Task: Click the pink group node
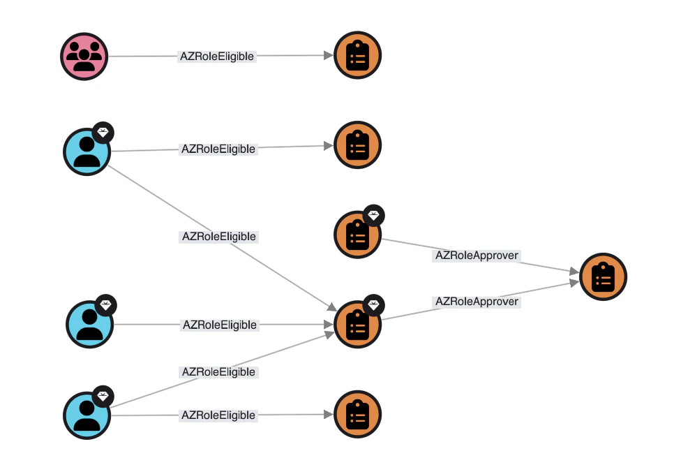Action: click(x=84, y=57)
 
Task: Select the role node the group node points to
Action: click(x=357, y=57)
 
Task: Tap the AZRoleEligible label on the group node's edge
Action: click(x=217, y=57)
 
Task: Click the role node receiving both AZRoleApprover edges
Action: click(x=603, y=277)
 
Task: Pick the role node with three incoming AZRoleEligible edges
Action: click(x=357, y=325)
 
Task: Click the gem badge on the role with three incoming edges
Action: click(x=374, y=305)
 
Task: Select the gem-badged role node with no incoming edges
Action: click(x=357, y=235)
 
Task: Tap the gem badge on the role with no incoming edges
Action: click(x=374, y=216)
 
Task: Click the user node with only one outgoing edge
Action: click(x=89, y=324)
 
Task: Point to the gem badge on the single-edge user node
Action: click(x=106, y=305)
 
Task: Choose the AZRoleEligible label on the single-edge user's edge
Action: click(x=219, y=325)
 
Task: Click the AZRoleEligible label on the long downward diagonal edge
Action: click(x=218, y=237)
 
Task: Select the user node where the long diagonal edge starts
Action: click(x=87, y=152)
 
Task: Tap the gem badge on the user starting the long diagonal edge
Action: click(x=103, y=132)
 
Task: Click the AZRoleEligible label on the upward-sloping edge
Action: click(x=218, y=372)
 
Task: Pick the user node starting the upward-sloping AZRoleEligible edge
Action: click(x=87, y=415)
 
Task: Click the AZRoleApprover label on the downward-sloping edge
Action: click(x=477, y=256)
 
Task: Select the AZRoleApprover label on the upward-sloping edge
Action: click(x=477, y=302)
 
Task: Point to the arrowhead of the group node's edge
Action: click(x=329, y=56)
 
